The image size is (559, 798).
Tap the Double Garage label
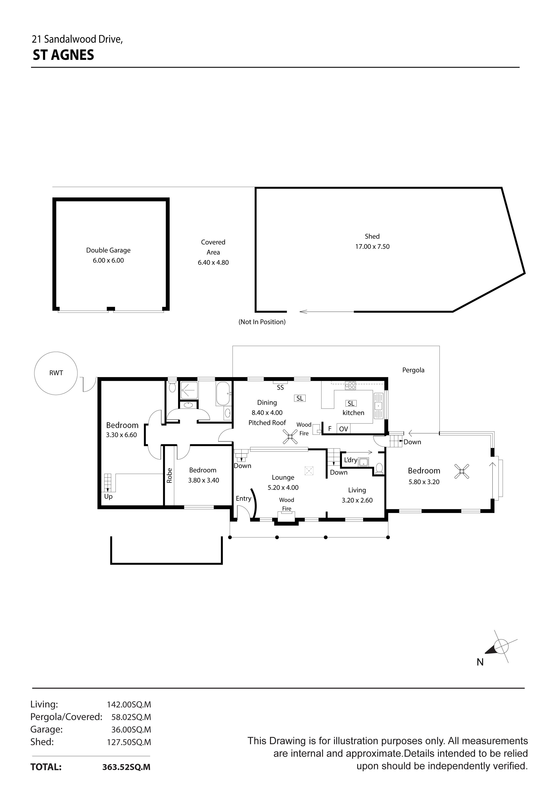(x=108, y=250)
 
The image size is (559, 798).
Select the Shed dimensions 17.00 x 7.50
(x=372, y=246)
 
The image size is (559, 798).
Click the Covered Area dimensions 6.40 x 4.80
(x=213, y=262)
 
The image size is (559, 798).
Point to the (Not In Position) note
(x=262, y=322)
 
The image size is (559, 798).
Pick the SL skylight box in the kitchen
(x=351, y=403)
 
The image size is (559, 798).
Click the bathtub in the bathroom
(x=223, y=394)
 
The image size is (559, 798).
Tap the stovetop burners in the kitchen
(x=350, y=385)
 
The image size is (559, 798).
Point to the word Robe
(x=169, y=475)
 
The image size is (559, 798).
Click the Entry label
(x=243, y=498)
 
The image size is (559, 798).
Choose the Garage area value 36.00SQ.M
(x=131, y=729)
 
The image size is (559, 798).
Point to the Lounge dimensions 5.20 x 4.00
(x=283, y=488)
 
